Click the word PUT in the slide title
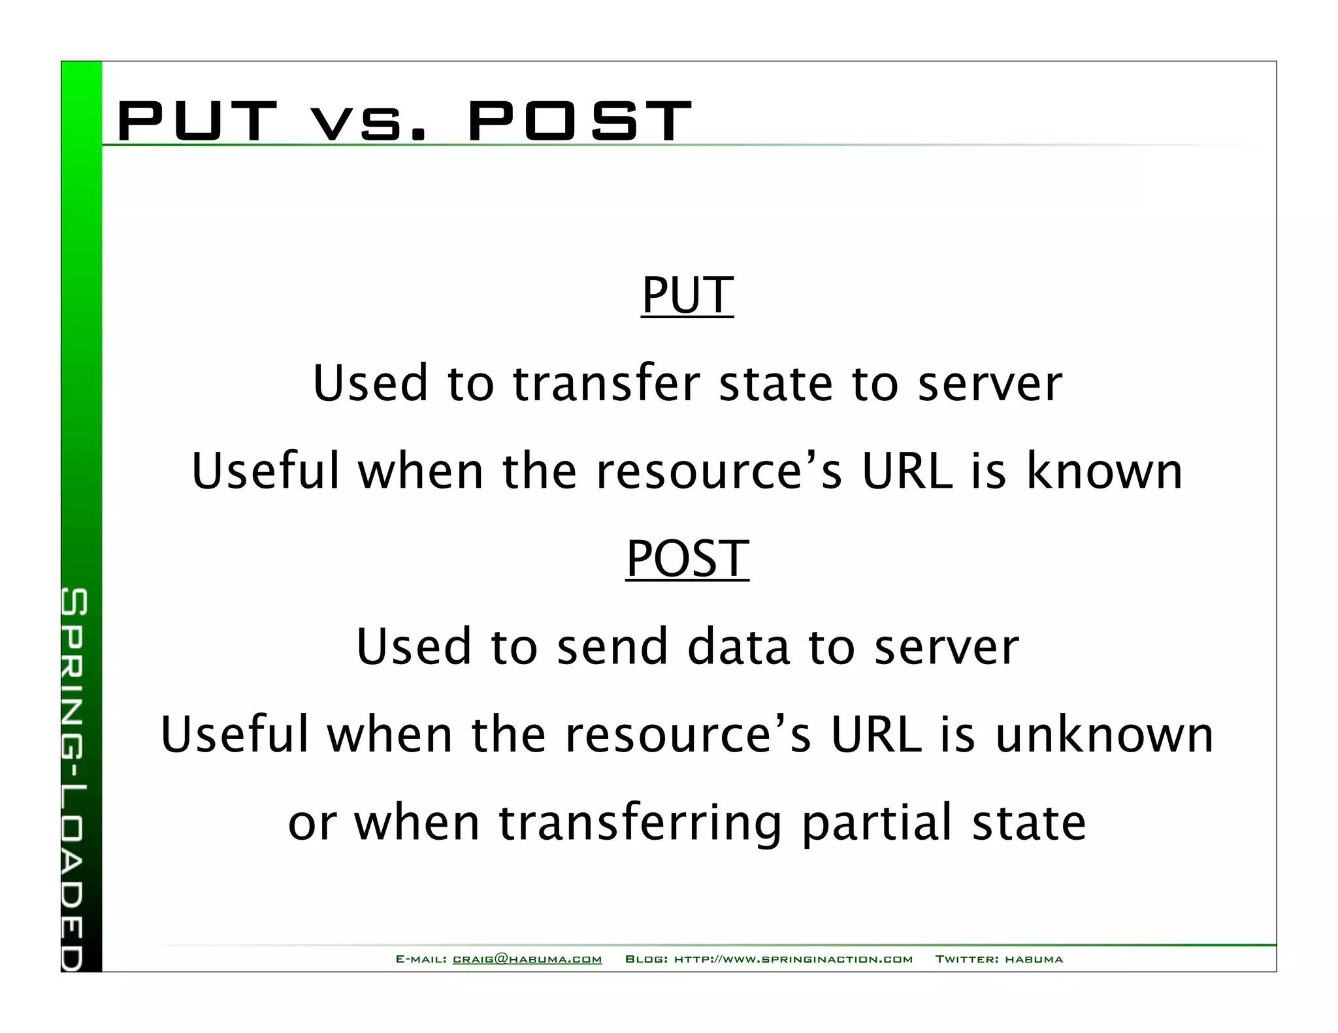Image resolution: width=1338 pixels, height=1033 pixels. pyautogui.click(x=196, y=121)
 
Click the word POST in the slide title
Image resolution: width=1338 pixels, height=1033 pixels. pyautogui.click(x=579, y=121)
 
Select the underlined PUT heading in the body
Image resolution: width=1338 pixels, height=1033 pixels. pyautogui.click(x=687, y=296)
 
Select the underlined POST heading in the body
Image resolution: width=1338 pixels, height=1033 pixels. pyautogui.click(x=687, y=560)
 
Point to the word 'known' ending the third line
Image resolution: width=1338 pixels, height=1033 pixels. pyautogui.click(x=1105, y=471)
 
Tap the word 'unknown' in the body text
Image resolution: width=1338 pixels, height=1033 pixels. pyautogui.click(x=1104, y=735)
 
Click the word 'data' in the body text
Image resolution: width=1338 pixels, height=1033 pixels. pyautogui.click(x=739, y=647)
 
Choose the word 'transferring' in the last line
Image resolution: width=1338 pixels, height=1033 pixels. pyautogui.click(x=640, y=824)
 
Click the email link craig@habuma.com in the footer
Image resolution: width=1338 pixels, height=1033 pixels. pyautogui.click(x=527, y=959)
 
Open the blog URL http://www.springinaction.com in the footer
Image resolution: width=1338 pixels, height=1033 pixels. pyautogui.click(x=793, y=959)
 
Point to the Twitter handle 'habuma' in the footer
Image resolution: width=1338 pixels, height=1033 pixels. pyautogui.click(x=1034, y=959)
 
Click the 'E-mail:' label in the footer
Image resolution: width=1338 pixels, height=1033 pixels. pyautogui.click(x=421, y=959)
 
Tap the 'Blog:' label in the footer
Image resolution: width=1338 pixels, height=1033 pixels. pyautogui.click(x=646, y=959)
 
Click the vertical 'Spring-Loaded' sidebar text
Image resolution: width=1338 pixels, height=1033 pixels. pyautogui.click(x=73, y=777)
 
